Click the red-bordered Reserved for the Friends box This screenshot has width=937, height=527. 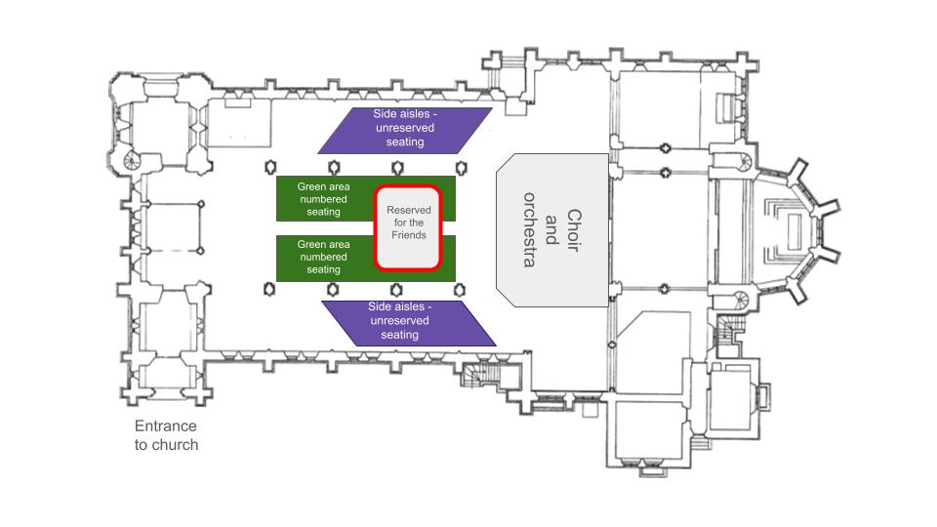[408, 227]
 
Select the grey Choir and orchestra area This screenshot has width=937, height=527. [552, 230]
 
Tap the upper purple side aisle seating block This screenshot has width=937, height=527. [405, 130]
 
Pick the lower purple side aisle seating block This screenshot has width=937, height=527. [409, 323]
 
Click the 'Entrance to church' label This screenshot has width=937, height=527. [166, 435]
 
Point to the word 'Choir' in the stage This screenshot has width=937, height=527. [574, 230]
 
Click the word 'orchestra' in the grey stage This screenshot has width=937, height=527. [529, 230]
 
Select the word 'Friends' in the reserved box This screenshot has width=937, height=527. [409, 235]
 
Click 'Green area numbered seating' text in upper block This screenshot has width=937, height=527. [323, 199]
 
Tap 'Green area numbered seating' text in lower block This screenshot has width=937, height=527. [323, 257]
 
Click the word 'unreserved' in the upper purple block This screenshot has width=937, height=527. [405, 128]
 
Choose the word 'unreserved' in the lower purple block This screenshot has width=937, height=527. [400, 320]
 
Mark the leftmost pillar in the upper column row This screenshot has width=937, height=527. [270, 167]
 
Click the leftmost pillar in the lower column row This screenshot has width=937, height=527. [269, 290]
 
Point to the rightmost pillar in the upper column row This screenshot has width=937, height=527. [461, 168]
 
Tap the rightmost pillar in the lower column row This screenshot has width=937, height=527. [460, 291]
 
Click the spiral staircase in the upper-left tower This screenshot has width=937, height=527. [131, 159]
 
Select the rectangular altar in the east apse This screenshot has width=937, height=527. [794, 232]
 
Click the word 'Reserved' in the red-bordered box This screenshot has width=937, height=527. [409, 210]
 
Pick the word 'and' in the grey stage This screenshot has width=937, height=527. [551, 230]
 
